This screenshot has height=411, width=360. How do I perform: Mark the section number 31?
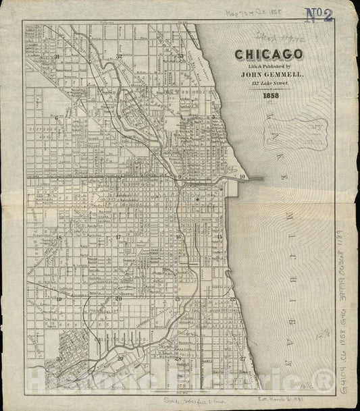pos(58,57)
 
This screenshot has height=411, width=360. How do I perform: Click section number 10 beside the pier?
pos(242,176)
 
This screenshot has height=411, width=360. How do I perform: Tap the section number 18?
pos(59,238)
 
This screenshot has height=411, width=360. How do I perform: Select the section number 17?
pos(118,238)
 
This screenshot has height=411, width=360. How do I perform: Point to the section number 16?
pos(178,238)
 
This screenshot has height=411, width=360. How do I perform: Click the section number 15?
pos(220,238)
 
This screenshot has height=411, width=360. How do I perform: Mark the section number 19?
pos(59,298)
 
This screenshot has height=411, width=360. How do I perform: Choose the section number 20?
pos(118,298)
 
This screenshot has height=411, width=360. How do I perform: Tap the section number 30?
pos(59,358)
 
